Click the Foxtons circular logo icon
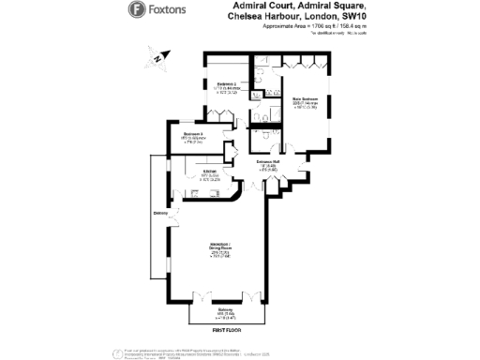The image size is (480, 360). [136, 10]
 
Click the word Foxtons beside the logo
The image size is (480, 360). [168, 10]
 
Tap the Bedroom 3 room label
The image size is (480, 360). [195, 135]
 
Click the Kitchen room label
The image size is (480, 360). [210, 172]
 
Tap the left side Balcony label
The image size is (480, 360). [160, 214]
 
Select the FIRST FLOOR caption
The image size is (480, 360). [226, 331]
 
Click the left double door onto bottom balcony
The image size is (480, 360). [202, 298]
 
